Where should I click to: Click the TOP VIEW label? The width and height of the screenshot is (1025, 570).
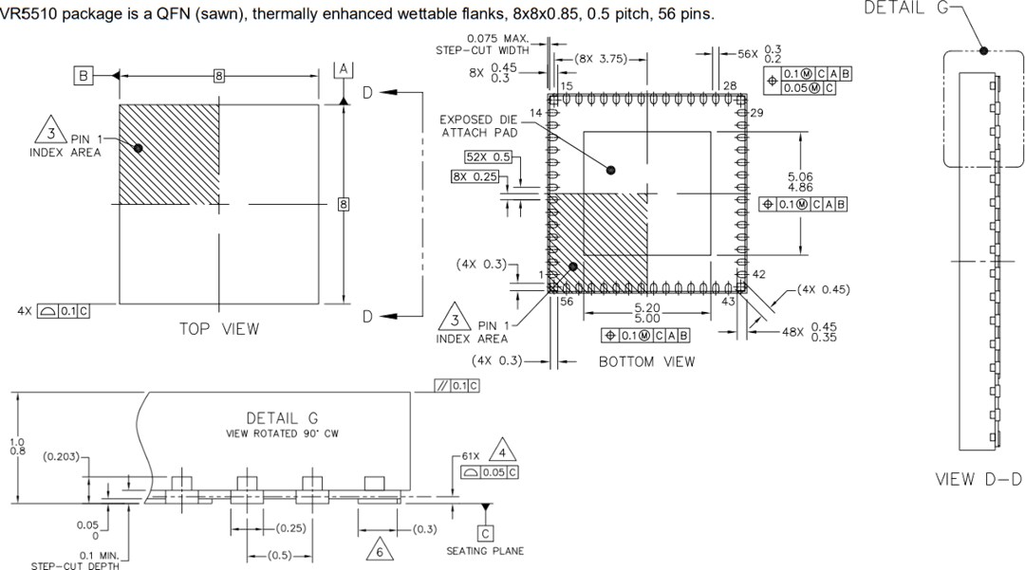coord(218,329)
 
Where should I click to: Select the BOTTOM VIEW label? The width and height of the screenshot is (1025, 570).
coord(646,361)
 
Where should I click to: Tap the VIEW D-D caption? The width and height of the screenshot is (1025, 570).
coord(978,479)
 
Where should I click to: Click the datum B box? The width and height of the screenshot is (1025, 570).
coord(84,75)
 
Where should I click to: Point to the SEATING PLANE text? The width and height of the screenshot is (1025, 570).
coord(485,551)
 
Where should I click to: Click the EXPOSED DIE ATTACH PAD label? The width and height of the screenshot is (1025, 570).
coord(479,126)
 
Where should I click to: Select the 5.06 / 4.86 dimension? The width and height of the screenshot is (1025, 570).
coord(800,182)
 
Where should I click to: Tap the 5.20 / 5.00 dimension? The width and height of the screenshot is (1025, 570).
coord(645,314)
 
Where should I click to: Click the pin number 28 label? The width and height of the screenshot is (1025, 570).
coord(730,86)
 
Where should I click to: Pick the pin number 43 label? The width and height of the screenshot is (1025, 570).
coord(729,301)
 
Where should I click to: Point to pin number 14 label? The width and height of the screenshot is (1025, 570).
coord(535,113)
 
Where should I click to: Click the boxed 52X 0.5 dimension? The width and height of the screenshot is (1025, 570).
coord(488,157)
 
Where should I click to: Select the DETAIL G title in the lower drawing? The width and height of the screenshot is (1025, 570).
coord(282,418)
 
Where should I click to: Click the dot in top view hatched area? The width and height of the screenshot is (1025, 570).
coord(139,148)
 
